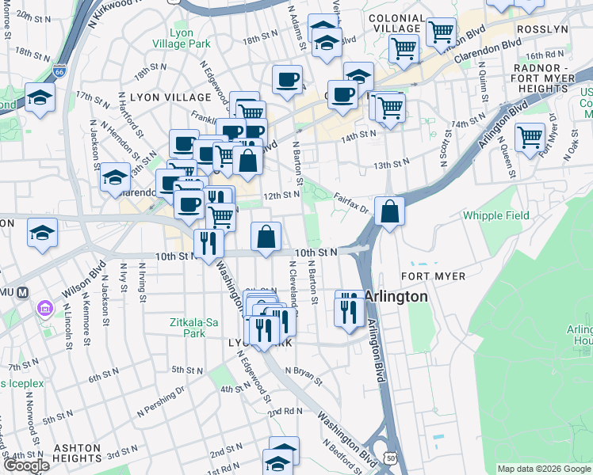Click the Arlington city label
[x=396, y=296]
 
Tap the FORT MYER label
[x=433, y=275]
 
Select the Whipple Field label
[x=495, y=215]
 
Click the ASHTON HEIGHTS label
[x=77, y=453]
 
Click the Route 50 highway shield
[x=389, y=457]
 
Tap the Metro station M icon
[x=22, y=291]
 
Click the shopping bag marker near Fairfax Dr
[x=389, y=212]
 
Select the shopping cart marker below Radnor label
[x=530, y=137]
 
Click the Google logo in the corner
[x=26, y=465]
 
